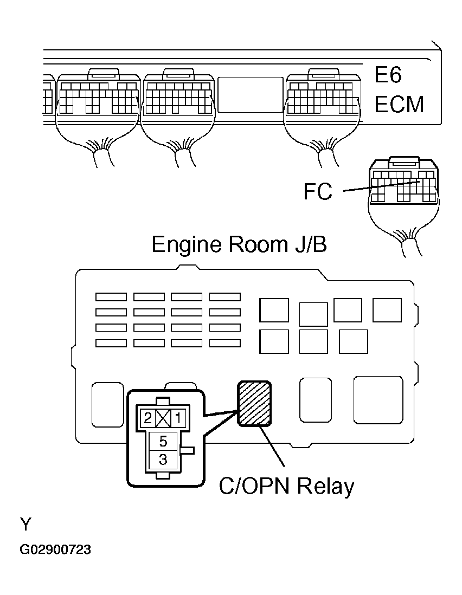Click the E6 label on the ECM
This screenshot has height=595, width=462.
click(x=388, y=75)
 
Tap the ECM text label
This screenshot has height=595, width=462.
click(x=399, y=105)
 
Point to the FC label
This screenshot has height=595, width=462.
click(x=318, y=192)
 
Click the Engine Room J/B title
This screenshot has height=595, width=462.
click(x=239, y=244)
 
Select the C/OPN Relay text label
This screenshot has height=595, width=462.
click(x=287, y=487)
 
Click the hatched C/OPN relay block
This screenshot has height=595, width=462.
click(x=254, y=403)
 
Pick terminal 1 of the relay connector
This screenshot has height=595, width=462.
click(x=178, y=418)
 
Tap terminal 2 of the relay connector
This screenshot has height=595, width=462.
click(x=148, y=418)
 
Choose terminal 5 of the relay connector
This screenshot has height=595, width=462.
click(x=163, y=441)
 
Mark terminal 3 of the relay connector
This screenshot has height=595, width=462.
click(x=163, y=460)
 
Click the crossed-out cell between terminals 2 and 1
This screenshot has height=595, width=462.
click(x=163, y=418)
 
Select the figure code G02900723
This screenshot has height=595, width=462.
click(x=55, y=549)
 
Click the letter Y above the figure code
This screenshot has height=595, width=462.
click(x=25, y=525)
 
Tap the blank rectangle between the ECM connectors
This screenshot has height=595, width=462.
click(x=251, y=94)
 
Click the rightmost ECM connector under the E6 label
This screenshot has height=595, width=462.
click(x=323, y=93)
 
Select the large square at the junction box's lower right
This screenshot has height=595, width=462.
click(x=378, y=400)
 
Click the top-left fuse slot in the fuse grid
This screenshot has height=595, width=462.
click(x=111, y=297)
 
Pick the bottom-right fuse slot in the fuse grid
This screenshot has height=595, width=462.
click(x=224, y=343)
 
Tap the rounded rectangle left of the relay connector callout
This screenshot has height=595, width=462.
click(x=108, y=404)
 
